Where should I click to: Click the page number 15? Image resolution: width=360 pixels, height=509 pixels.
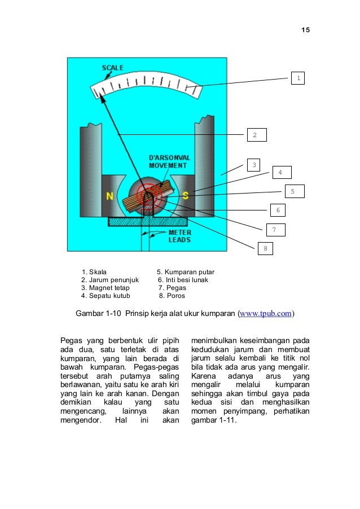click(x=305, y=29)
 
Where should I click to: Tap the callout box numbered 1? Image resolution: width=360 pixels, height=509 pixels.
click(x=297, y=78)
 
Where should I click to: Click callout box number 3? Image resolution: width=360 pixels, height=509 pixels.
click(x=254, y=165)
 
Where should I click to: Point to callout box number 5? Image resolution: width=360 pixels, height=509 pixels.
click(x=293, y=191)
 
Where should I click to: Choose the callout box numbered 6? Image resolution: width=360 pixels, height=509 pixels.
click(x=276, y=210)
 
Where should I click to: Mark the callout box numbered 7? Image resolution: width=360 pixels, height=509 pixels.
click(x=275, y=230)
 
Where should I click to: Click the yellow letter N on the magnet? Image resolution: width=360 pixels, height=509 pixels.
click(x=109, y=196)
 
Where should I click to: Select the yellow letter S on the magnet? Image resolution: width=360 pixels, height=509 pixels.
click(x=185, y=195)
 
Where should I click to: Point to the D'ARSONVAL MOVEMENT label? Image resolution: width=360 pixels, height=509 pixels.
click(x=168, y=161)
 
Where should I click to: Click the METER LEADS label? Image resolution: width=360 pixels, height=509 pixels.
click(x=180, y=236)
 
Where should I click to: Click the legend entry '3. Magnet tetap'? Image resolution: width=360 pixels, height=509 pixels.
click(x=106, y=287)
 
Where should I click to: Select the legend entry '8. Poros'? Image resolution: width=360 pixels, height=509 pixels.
click(x=172, y=295)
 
